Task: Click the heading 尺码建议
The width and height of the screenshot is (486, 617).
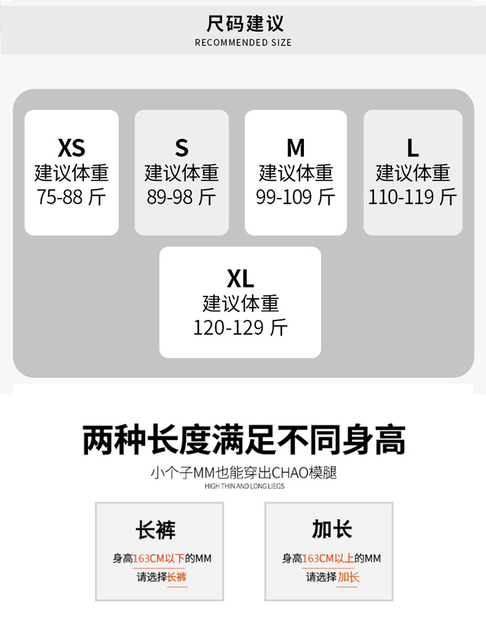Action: click(245, 24)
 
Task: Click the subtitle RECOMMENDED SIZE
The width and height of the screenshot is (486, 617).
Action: click(243, 43)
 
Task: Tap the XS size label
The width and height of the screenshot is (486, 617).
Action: click(71, 148)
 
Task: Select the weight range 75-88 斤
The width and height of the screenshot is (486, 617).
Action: click(71, 197)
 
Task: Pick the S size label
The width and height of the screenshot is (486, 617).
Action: click(181, 148)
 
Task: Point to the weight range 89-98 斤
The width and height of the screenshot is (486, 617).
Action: click(181, 197)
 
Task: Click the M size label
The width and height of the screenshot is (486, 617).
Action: click(295, 148)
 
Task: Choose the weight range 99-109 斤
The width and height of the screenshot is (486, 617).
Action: click(295, 197)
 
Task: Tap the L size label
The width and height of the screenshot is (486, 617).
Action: click(413, 148)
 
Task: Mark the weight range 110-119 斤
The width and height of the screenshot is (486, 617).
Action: click(413, 197)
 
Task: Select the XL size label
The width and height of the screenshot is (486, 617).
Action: click(240, 279)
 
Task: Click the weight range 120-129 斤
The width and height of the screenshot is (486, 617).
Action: click(240, 328)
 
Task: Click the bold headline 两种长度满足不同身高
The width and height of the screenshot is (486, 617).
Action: click(244, 441)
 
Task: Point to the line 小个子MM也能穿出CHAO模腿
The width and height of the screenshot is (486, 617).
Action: click(244, 473)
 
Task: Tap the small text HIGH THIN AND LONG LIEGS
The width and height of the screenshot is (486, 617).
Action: click(244, 486)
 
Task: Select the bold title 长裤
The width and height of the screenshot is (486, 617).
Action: click(156, 529)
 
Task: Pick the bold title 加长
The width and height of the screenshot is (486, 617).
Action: click(332, 529)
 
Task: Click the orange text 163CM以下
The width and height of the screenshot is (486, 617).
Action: click(159, 558)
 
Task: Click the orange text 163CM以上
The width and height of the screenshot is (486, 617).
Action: click(328, 558)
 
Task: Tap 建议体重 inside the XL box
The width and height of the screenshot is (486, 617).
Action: click(240, 304)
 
